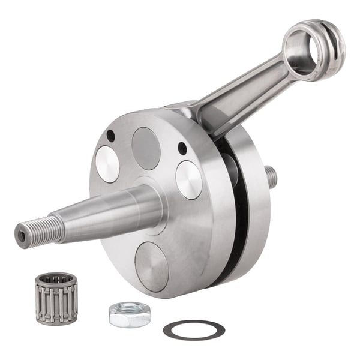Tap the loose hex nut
point(129,314)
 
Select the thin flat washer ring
point(194,329)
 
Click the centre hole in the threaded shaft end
point(22,236)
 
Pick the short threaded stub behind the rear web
point(272,176)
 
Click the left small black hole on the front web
point(110,136)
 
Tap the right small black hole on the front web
point(182,148)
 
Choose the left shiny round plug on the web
point(107,164)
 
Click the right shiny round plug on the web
point(188,179)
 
